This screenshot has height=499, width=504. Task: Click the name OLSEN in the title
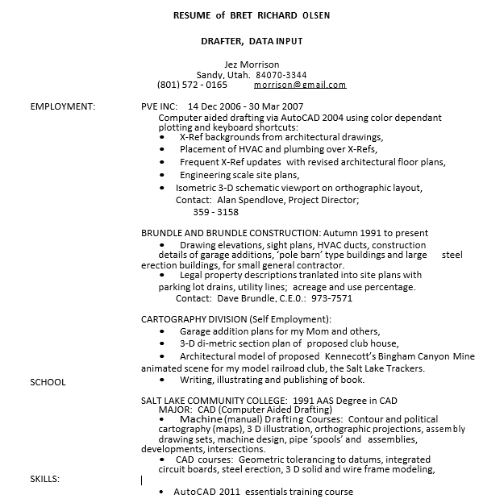(314, 15)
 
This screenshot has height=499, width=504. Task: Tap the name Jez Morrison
(251, 64)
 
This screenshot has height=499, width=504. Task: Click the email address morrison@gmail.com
(300, 85)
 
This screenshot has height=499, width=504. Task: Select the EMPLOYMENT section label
(63, 106)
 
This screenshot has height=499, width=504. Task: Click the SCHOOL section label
(48, 381)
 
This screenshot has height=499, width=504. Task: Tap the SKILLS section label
(45, 480)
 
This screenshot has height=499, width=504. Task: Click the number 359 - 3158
(216, 212)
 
